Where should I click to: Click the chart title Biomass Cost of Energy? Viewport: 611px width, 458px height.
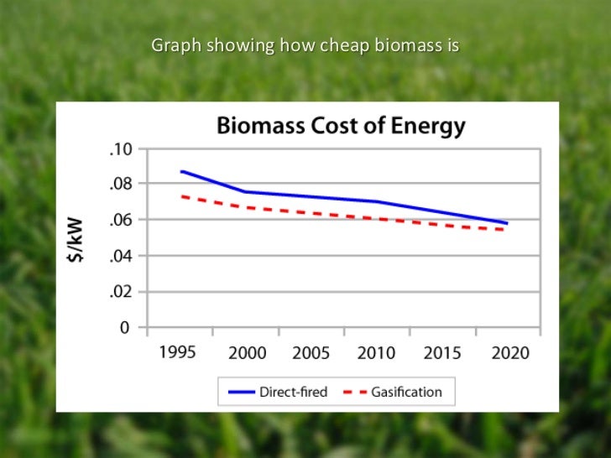coord(340,127)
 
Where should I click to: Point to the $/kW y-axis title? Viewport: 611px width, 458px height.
coord(76,239)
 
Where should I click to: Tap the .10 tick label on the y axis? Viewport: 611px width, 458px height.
coord(121,149)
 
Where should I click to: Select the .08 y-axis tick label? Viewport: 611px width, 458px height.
coord(121,184)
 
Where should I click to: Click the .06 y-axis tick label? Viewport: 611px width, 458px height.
coord(121,220)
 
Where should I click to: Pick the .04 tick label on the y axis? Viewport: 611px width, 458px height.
coord(121,256)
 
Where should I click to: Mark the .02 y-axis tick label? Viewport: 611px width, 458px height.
coord(121,292)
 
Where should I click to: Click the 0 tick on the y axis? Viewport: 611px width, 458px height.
coord(125,328)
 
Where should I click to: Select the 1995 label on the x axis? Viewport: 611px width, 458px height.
coord(177,353)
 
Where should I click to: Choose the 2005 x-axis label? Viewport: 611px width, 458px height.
coord(311,353)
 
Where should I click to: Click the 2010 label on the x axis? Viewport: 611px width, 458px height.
coord(376,353)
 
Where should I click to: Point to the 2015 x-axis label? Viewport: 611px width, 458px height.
coord(442,353)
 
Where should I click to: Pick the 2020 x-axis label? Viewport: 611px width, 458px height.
coord(510,353)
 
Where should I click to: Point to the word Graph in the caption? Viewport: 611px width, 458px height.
coord(171,45)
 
